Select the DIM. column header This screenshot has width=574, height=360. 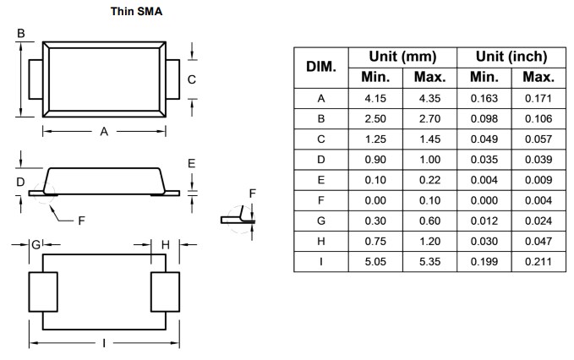(321, 67)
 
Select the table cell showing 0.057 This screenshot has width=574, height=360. (538, 139)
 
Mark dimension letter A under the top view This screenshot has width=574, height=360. (104, 131)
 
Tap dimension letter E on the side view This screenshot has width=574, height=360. (192, 163)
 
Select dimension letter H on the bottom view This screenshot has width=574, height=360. (166, 244)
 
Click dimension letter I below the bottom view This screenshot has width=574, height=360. (103, 343)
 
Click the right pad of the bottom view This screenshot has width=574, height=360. (165, 292)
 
